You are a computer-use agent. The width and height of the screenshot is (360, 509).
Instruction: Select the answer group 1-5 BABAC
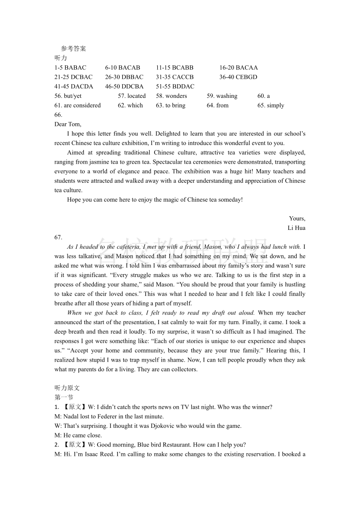coord(70,68)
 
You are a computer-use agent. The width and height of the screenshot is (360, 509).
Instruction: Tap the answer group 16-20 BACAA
coord(238,68)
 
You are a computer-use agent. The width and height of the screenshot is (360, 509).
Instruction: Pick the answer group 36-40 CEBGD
coord(238,77)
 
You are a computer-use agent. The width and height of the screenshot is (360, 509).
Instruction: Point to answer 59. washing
coord(222,96)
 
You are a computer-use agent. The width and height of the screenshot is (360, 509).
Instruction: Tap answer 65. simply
coord(271,106)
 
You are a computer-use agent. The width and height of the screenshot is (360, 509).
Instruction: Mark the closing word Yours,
coord(297,218)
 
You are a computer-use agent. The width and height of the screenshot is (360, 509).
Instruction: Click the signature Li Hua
coord(297,228)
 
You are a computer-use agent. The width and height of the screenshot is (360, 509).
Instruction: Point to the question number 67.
coord(58,238)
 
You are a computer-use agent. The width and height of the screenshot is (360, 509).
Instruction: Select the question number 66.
coord(58,115)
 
